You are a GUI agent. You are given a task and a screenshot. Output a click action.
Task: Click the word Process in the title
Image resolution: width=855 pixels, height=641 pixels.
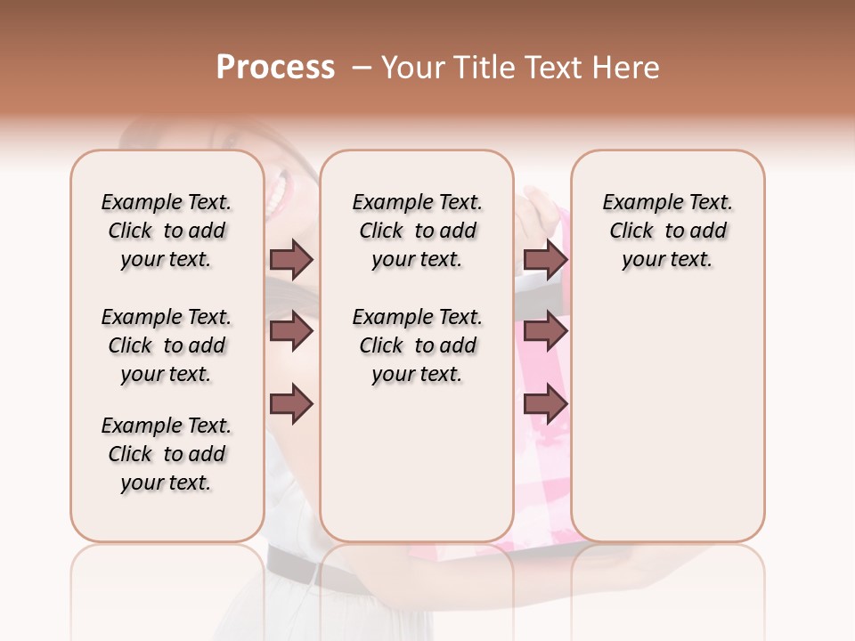[275, 68]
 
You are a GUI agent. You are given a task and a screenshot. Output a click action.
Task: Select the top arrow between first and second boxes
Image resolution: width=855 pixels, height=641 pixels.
[291, 260]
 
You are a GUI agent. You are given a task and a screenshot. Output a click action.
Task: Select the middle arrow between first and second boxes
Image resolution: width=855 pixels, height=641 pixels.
[291, 332]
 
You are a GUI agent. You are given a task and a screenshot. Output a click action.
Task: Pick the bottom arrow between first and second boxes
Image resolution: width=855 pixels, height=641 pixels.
[291, 405]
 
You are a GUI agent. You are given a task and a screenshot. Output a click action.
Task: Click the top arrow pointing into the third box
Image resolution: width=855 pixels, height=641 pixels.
[545, 260]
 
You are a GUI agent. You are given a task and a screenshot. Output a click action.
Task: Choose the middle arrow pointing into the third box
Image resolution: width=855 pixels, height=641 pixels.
[545, 332]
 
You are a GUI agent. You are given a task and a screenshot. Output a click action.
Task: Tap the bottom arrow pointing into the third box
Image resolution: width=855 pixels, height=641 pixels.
[545, 405]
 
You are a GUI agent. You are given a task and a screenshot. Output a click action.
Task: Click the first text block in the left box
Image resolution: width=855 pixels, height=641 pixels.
[167, 231]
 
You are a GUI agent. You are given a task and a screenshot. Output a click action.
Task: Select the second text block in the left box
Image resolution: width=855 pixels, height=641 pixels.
[167, 345]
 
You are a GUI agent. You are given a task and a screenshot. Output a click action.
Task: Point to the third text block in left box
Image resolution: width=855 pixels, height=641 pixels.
[167, 454]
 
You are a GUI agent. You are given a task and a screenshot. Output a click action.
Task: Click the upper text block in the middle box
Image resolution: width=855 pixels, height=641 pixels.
[417, 231]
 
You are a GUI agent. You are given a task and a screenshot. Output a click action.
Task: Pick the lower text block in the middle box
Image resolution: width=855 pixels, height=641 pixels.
[417, 345]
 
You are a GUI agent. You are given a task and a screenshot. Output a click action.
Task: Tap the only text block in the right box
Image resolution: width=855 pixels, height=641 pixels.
[667, 231]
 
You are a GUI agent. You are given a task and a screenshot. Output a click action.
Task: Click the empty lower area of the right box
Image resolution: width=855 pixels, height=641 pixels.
[667, 427]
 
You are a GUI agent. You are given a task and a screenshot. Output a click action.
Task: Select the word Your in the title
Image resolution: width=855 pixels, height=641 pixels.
[416, 68]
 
